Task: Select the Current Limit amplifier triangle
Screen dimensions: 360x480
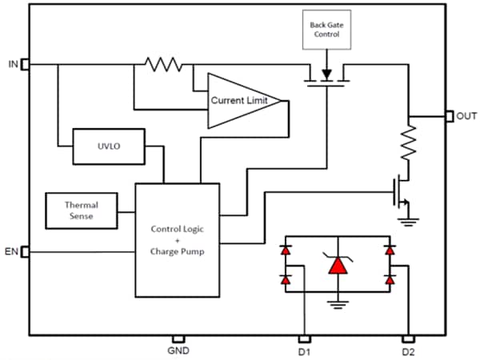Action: tap(240, 101)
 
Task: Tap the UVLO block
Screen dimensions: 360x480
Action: tap(107, 147)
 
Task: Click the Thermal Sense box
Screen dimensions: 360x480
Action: tap(82, 210)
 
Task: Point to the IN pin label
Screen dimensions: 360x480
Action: tap(11, 62)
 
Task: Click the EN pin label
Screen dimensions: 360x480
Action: tap(11, 253)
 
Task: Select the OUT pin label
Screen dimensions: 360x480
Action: tap(466, 117)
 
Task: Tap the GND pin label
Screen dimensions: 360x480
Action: tap(178, 350)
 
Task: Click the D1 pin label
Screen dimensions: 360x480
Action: tap(304, 350)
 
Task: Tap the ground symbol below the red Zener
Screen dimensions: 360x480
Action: tap(335, 303)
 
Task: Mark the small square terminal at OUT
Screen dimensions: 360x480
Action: tap(448, 117)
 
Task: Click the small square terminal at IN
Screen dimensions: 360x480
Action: tap(25, 63)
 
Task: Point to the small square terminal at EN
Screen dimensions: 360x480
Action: tap(25, 253)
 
